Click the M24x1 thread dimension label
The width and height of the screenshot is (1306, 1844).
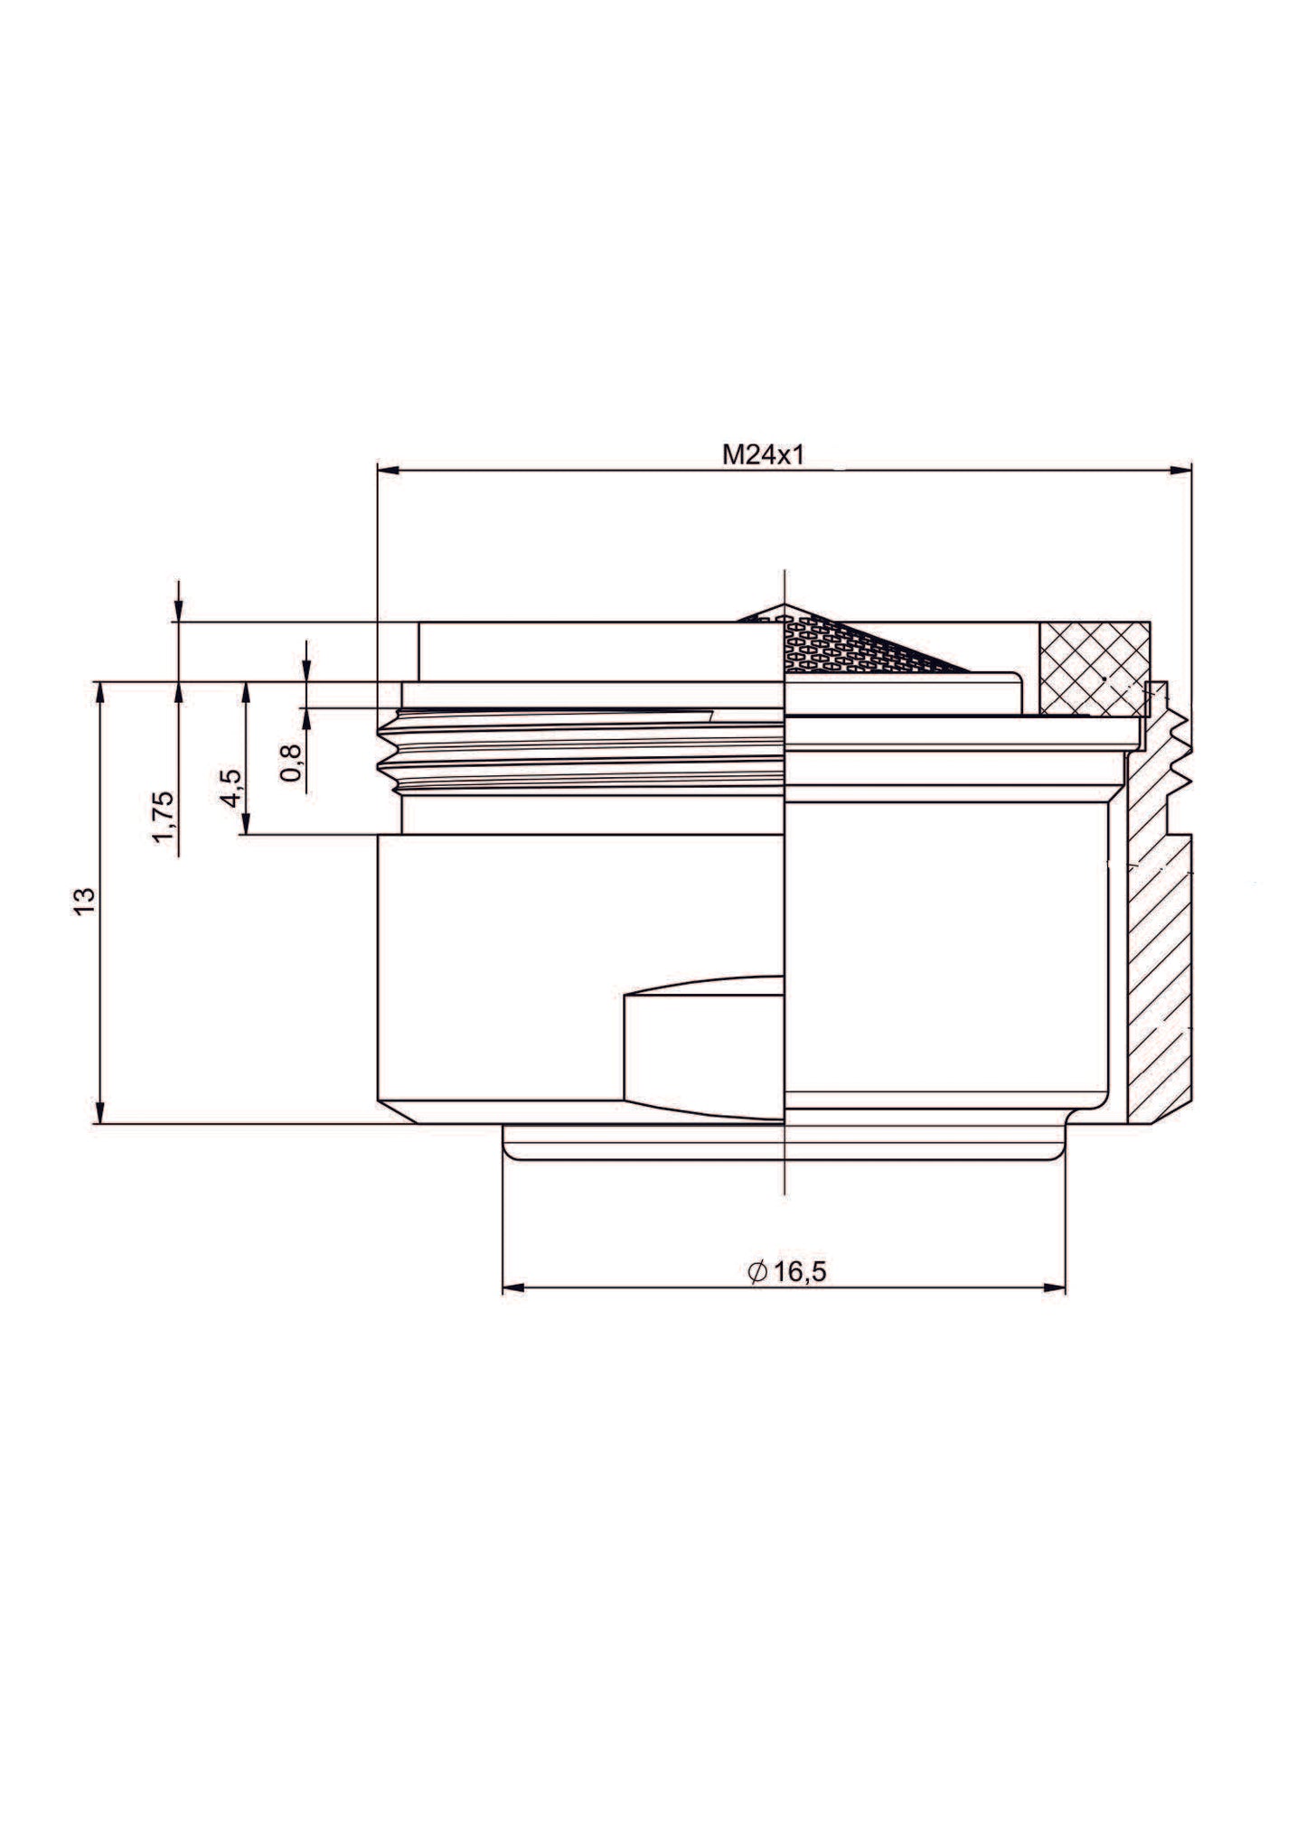tap(762, 454)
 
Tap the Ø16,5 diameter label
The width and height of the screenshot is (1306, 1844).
tap(786, 1272)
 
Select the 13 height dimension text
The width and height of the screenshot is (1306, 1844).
tap(84, 901)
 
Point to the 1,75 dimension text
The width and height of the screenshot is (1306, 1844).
tap(164, 817)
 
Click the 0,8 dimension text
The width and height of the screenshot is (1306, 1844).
tap(292, 763)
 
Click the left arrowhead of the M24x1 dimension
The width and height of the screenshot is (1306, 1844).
tap(388, 470)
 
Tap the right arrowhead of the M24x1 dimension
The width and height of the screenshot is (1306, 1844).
tap(1180, 470)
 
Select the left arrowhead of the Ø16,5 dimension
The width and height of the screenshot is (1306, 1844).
tap(513, 1287)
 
